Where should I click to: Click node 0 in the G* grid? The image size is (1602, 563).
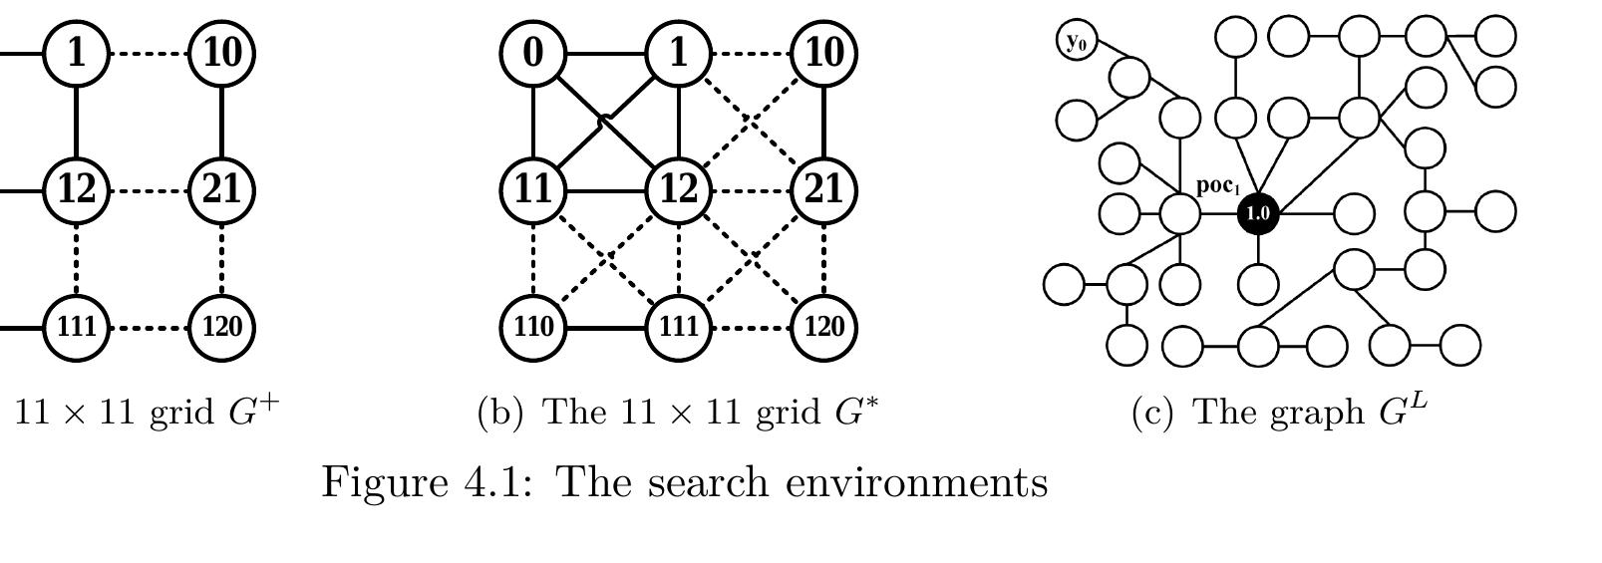click(x=533, y=54)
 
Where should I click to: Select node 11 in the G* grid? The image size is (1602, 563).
click(x=533, y=190)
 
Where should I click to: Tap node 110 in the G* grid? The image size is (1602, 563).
click(x=533, y=328)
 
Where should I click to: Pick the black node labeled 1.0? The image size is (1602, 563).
click(x=1258, y=213)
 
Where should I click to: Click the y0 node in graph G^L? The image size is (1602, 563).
click(x=1077, y=41)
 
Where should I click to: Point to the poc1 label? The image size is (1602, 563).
click(x=1218, y=186)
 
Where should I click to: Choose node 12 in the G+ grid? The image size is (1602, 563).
click(x=77, y=190)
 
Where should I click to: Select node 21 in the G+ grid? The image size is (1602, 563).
click(x=221, y=190)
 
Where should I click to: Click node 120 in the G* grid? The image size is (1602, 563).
click(x=823, y=328)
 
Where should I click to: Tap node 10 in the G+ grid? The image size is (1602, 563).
click(x=221, y=54)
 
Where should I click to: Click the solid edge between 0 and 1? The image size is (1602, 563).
click(x=606, y=54)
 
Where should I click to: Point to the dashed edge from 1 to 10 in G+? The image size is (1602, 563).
click(x=149, y=54)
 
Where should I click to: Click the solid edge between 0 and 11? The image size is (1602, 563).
click(x=533, y=123)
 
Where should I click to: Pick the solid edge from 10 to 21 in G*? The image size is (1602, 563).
click(x=823, y=123)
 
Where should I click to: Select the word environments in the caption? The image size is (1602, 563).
click(x=917, y=483)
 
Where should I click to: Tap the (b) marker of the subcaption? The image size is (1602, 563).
click(x=500, y=413)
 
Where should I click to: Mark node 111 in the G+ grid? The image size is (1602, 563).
click(x=77, y=328)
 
